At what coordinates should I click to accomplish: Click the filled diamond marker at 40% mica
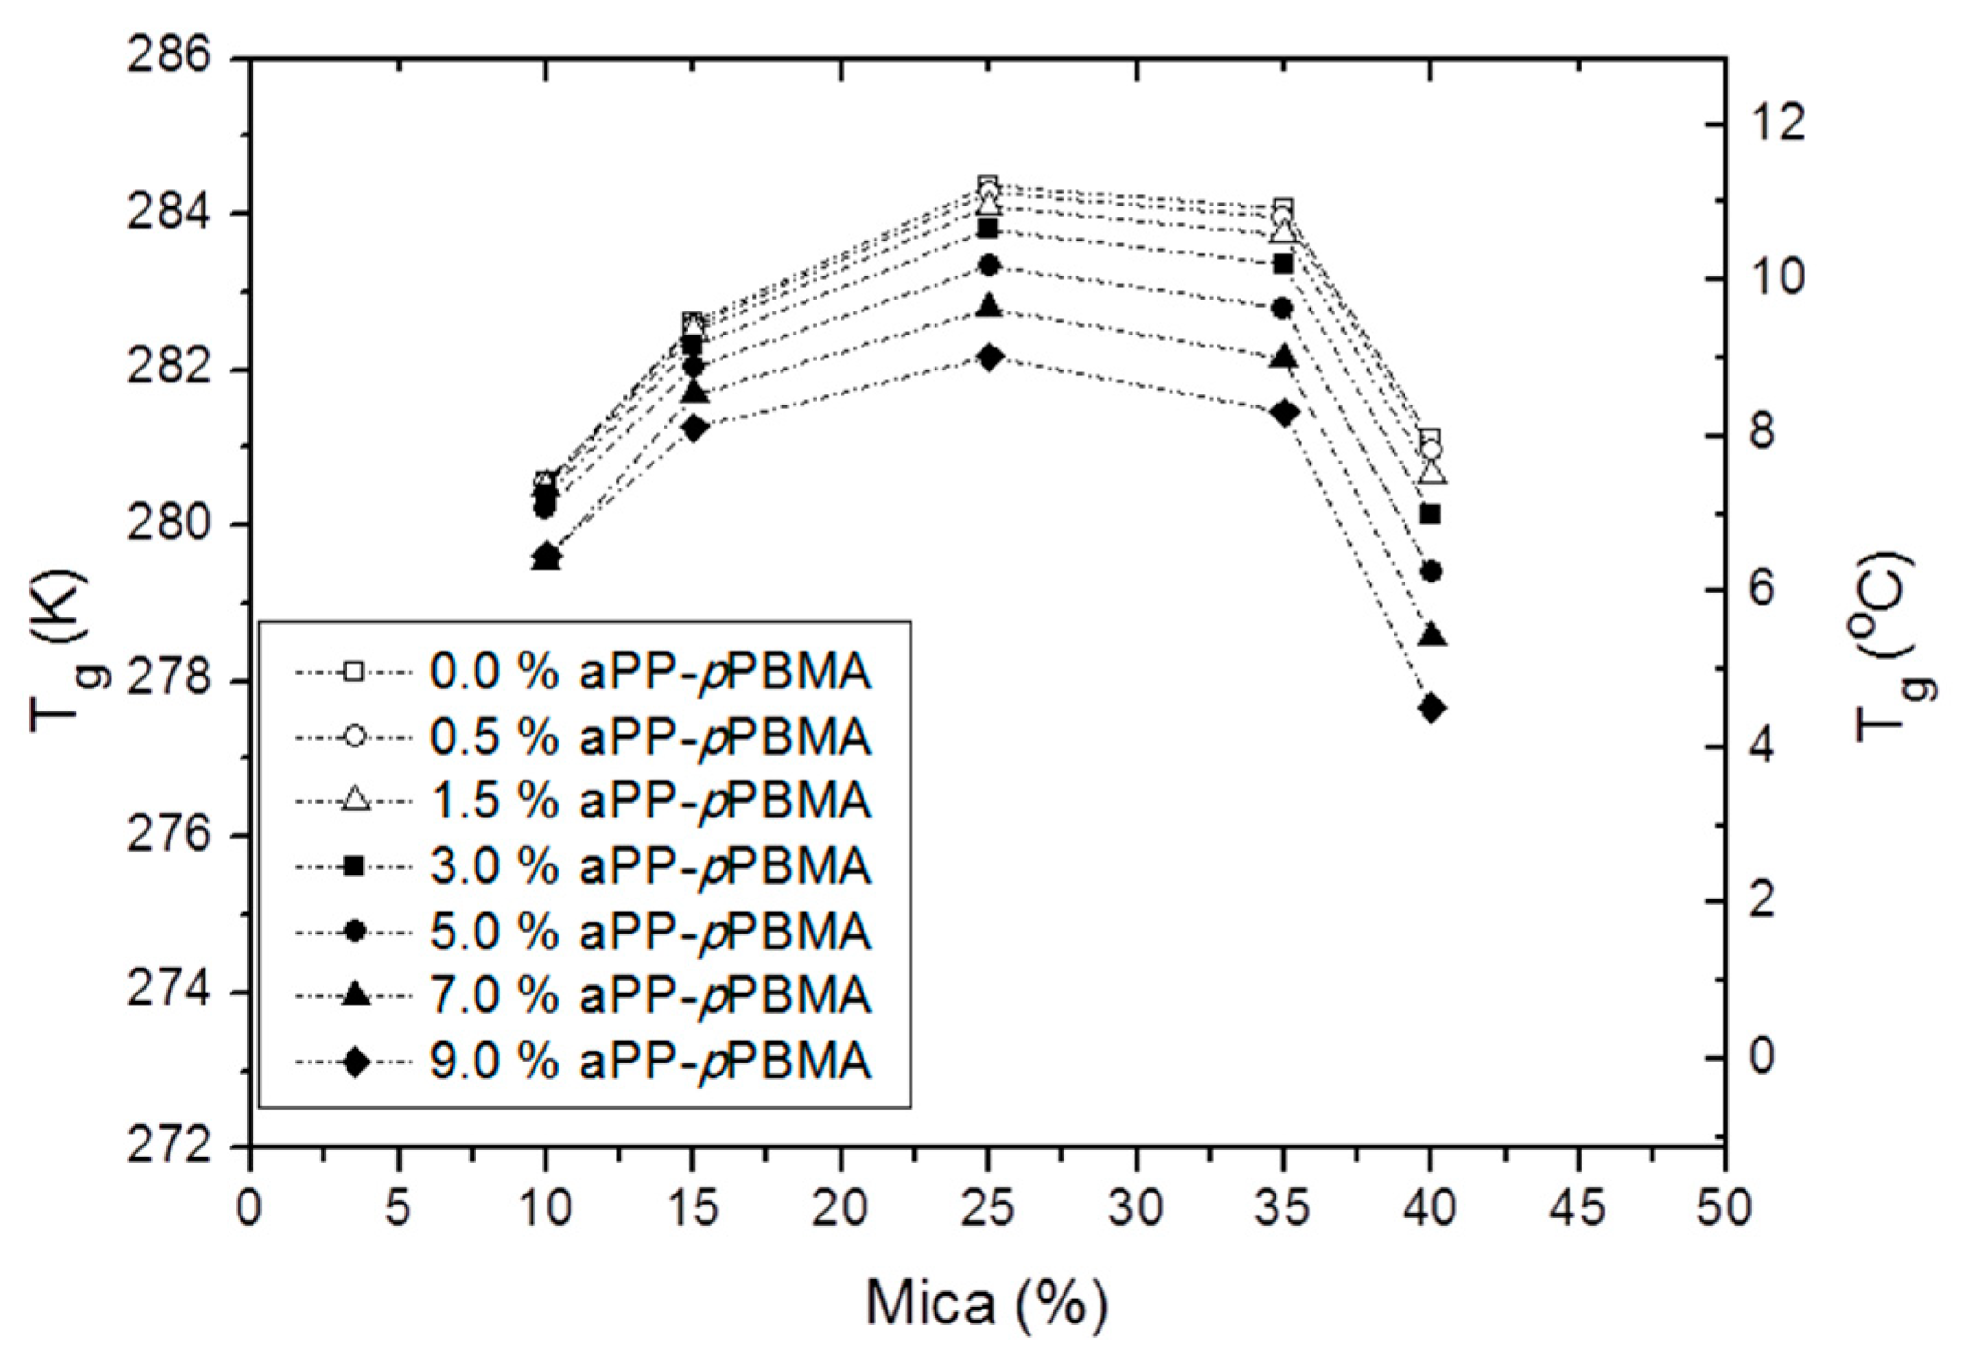point(1431,709)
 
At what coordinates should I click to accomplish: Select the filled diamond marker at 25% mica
point(989,358)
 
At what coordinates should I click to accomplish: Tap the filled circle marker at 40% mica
point(1431,571)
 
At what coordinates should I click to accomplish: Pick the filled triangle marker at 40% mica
point(1431,636)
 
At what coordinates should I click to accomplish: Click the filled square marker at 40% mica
point(1430,514)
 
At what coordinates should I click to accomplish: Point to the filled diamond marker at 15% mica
point(694,428)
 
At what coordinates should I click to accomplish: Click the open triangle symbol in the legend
point(355,801)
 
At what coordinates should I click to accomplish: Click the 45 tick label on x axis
point(1579,1208)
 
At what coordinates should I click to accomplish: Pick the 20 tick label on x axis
point(841,1208)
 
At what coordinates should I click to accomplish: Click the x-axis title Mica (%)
point(986,1305)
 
